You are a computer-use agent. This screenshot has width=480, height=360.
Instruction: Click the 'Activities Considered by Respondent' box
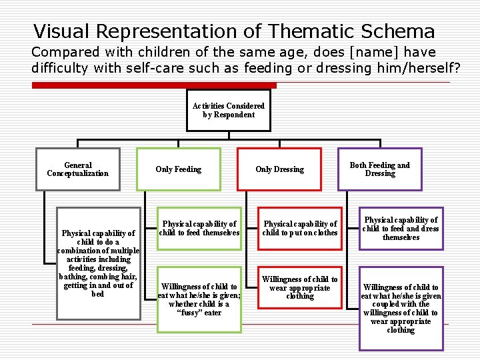point(229,110)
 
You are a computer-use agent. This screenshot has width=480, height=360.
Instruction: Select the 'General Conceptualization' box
point(78,169)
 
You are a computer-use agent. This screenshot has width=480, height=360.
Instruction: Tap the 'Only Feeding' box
point(179,169)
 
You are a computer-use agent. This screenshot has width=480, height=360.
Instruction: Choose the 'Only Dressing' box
point(279,169)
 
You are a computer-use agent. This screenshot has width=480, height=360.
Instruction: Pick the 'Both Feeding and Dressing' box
point(380,169)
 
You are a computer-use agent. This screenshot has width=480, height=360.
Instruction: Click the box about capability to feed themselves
point(199,229)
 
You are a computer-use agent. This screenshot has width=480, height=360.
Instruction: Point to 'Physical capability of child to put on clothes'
point(300,229)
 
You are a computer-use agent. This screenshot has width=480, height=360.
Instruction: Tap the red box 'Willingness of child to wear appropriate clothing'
point(300,287)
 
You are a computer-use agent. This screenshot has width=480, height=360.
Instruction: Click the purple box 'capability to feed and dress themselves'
point(401,229)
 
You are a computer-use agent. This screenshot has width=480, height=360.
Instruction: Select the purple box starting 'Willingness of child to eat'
point(401,308)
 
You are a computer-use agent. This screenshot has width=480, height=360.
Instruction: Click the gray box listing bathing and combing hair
point(98,263)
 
